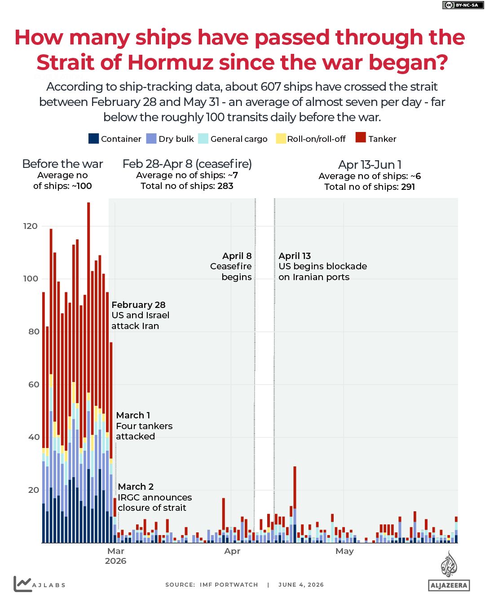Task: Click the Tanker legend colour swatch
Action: (x=361, y=137)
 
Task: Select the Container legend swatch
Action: (x=93, y=139)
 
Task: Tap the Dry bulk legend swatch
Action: (x=151, y=139)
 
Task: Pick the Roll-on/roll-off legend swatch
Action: (x=281, y=139)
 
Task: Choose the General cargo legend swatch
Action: (x=203, y=139)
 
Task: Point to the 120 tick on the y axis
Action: (x=30, y=226)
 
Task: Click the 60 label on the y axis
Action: (x=34, y=384)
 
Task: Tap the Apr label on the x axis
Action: (x=232, y=551)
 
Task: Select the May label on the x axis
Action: (x=344, y=551)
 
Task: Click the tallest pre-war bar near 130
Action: (x=88, y=372)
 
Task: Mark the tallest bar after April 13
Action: (x=295, y=505)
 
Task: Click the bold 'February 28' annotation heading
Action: (x=138, y=305)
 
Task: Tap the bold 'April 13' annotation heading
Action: (x=295, y=256)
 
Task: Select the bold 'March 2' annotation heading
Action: (x=136, y=487)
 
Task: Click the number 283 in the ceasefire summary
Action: (x=225, y=186)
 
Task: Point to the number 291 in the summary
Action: (x=408, y=187)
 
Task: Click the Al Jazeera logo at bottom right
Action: (x=449, y=571)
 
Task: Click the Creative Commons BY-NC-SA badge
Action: (x=463, y=5)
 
